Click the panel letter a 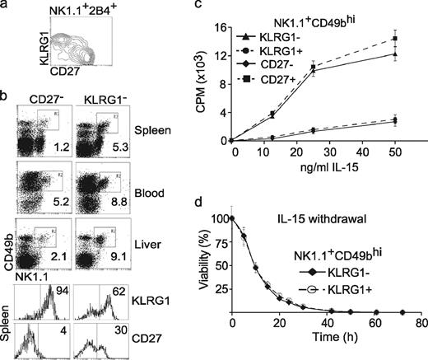pos(6,7)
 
